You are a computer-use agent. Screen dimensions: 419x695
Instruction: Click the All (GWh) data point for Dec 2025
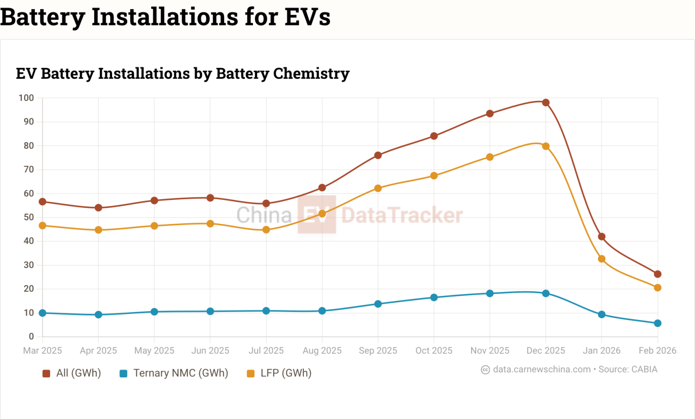(x=546, y=103)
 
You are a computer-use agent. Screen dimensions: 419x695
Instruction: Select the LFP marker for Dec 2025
(x=546, y=146)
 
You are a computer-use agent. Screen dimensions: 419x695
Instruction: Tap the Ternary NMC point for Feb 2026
(x=657, y=323)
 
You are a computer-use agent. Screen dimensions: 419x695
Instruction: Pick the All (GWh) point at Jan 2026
(x=601, y=237)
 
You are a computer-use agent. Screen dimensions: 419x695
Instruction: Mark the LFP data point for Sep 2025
(x=378, y=188)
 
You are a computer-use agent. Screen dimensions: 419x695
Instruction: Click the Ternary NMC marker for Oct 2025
(x=434, y=297)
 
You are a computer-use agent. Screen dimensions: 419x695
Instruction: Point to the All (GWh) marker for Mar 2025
(x=43, y=202)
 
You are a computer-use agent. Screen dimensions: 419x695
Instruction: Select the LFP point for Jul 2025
(x=266, y=230)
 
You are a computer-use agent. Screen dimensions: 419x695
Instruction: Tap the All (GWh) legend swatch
(x=46, y=374)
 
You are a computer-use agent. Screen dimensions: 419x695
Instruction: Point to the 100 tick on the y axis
(x=26, y=98)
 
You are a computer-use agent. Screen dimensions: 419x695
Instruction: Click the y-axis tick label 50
(x=29, y=217)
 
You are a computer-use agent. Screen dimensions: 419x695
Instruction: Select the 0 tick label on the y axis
(x=32, y=337)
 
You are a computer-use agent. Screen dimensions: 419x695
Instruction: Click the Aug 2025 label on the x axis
(x=322, y=350)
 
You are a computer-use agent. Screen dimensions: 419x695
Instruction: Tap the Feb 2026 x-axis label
(x=657, y=350)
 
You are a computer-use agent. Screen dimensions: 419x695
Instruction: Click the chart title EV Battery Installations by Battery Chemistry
(x=183, y=74)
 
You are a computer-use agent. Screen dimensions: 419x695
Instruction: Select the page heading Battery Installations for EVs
(x=165, y=17)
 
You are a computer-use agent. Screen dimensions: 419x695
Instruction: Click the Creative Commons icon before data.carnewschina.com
(x=485, y=370)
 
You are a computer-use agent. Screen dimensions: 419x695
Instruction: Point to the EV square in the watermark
(x=316, y=214)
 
